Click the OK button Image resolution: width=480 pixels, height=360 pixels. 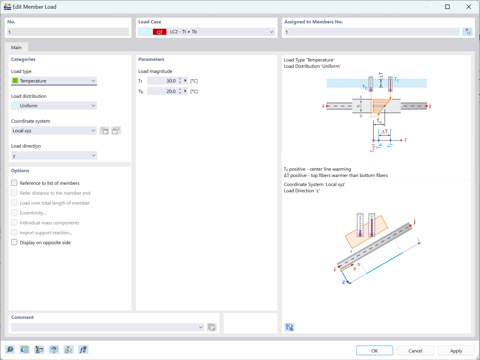(x=374, y=350)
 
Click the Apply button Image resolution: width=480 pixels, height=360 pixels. (x=456, y=350)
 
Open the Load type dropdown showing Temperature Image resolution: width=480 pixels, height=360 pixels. (x=54, y=81)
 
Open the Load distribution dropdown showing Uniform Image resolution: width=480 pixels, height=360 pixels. (x=54, y=106)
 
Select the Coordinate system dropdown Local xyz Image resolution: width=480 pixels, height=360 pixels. (x=54, y=130)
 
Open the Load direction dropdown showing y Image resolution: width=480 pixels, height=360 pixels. (x=54, y=155)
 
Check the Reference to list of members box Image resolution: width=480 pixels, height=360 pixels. (x=14, y=183)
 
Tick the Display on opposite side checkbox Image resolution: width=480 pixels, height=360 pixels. (x=14, y=242)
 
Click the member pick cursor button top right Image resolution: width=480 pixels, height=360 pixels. (x=467, y=32)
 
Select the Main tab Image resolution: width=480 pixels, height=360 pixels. (x=16, y=47)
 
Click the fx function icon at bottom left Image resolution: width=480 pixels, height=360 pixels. (x=83, y=349)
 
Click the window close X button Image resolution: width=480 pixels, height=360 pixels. (x=469, y=7)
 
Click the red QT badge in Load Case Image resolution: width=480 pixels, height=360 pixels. (x=160, y=32)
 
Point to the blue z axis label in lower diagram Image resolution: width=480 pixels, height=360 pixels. (x=344, y=282)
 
